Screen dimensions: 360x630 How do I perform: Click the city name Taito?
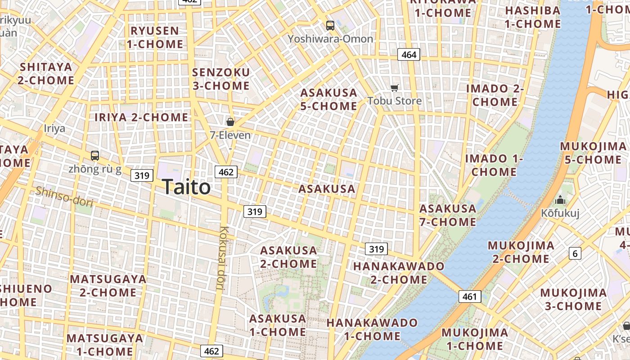pyautogui.click(x=186, y=187)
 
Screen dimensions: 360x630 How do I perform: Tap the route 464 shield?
pyautogui.click(x=409, y=55)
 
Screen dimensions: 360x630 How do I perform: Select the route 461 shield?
pyautogui.click(x=470, y=297)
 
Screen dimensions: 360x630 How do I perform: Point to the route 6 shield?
pyautogui.click(x=575, y=253)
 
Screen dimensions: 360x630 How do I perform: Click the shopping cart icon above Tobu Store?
pyautogui.click(x=395, y=88)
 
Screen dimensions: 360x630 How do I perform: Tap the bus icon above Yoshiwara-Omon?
pyautogui.click(x=330, y=26)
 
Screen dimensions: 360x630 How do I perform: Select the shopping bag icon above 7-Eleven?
pyautogui.click(x=230, y=121)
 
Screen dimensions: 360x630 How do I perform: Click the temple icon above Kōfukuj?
pyautogui.click(x=560, y=199)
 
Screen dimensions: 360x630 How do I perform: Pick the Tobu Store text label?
pyautogui.click(x=395, y=101)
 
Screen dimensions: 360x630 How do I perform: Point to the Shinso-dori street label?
pyautogui.click(x=64, y=197)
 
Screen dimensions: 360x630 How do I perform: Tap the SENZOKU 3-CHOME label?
pyautogui.click(x=221, y=79)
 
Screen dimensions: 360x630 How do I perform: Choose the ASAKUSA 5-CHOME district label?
pyautogui.click(x=328, y=99)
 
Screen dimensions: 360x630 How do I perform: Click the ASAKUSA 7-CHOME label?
pyautogui.click(x=448, y=215)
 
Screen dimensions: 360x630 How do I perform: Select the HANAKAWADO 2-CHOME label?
pyautogui.click(x=399, y=273)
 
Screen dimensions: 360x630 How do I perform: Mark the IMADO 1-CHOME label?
pyautogui.click(x=494, y=165)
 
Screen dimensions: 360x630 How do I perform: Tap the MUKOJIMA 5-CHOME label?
pyautogui.click(x=593, y=153)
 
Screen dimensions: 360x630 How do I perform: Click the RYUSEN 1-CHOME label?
pyautogui.click(x=155, y=37)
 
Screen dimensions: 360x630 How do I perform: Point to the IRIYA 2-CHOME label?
pyautogui.click(x=141, y=117)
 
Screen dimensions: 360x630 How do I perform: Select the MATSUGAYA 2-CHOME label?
pyautogui.click(x=108, y=286)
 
